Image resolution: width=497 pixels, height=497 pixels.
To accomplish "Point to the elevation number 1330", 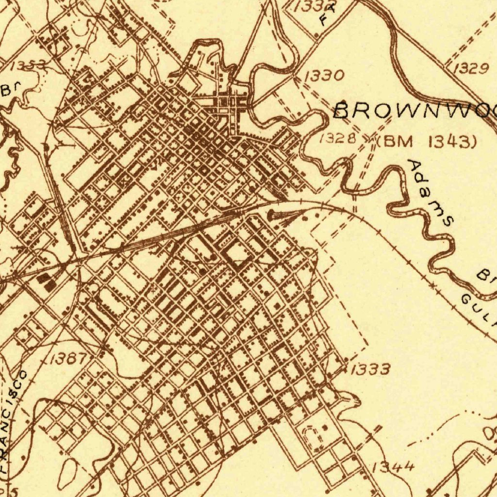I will (x=325, y=75).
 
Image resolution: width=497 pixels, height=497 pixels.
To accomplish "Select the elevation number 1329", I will (x=471, y=68).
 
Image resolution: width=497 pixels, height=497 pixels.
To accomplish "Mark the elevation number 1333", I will (x=370, y=370).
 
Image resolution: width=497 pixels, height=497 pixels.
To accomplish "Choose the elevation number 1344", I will (x=393, y=467).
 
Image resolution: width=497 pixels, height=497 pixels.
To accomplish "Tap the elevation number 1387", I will (x=68, y=359).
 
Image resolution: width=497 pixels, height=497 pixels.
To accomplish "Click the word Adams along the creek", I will (x=430, y=192).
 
